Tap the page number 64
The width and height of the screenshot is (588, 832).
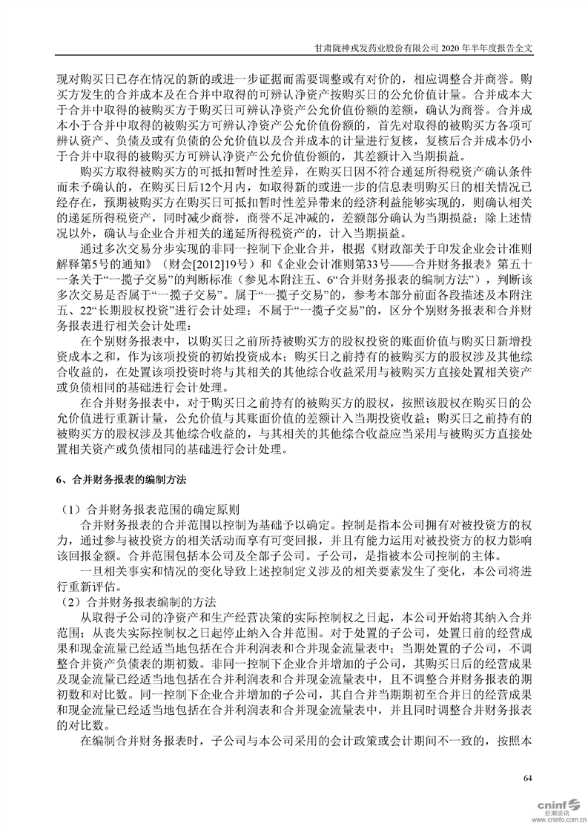pos(528,778)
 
